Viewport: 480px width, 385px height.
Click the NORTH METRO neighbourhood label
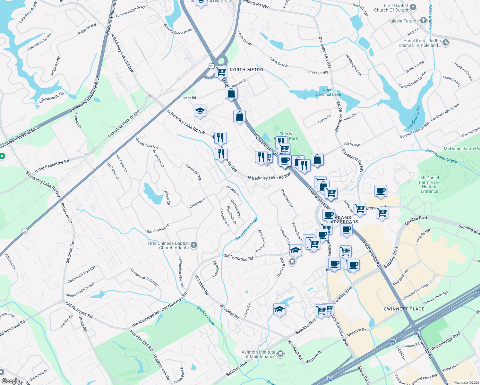click(x=246, y=70)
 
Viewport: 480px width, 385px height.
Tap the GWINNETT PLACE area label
click(x=404, y=309)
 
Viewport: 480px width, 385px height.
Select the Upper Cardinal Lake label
click(x=328, y=92)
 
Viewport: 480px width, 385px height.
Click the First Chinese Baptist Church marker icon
click(x=193, y=245)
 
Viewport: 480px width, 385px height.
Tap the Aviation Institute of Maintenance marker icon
click(x=280, y=354)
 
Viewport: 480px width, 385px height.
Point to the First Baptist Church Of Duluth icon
click(x=413, y=7)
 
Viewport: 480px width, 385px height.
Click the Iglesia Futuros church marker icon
click(x=424, y=21)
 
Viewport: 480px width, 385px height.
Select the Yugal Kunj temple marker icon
click(x=445, y=42)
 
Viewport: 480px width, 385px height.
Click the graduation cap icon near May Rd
click(x=200, y=111)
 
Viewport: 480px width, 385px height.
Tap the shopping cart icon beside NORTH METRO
click(x=221, y=72)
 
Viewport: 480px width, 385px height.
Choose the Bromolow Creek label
click(x=246, y=229)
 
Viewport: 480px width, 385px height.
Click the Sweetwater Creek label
click(x=441, y=156)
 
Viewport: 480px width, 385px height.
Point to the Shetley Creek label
click(x=205, y=316)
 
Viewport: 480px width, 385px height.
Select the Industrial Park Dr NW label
click(x=124, y=124)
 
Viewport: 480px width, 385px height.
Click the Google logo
click(x=11, y=381)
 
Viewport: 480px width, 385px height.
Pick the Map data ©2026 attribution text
click(x=466, y=382)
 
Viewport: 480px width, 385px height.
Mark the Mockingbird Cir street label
click(x=354, y=65)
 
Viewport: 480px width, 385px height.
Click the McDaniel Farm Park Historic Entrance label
click(x=430, y=184)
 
